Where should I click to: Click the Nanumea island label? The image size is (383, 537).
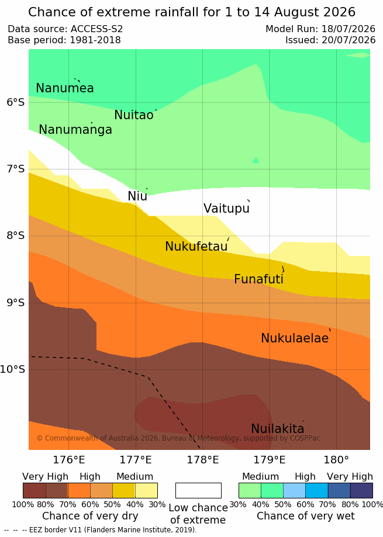coord(65,88)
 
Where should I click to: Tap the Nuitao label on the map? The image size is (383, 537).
coord(133,115)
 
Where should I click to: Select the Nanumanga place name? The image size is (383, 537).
coord(75,130)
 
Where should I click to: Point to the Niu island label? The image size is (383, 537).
coord(137,196)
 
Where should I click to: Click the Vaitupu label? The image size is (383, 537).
coord(226,208)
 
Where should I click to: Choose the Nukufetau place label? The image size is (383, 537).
coord(196,246)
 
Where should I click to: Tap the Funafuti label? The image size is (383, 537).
coord(258,279)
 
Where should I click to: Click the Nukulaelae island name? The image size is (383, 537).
coord(295,338)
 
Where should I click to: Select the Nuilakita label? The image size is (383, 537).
coord(278,428)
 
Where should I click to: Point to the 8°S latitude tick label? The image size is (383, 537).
coord(16,235)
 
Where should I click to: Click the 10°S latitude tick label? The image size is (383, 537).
coord(13,369)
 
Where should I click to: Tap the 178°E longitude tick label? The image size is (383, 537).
coord(202,460)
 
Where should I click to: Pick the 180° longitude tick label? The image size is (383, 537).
coord(336,460)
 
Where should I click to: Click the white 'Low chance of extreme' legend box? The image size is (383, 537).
coord(198,490)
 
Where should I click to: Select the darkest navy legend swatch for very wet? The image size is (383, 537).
coord(361,490)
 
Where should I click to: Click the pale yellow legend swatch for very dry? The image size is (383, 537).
coord(146,490)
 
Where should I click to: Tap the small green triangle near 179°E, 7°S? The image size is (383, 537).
coord(256,160)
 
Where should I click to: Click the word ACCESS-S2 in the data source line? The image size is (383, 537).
coord(96,29)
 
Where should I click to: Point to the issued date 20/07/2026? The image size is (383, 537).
coord(349,40)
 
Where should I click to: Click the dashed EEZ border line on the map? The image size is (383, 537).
coord(148,377)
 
